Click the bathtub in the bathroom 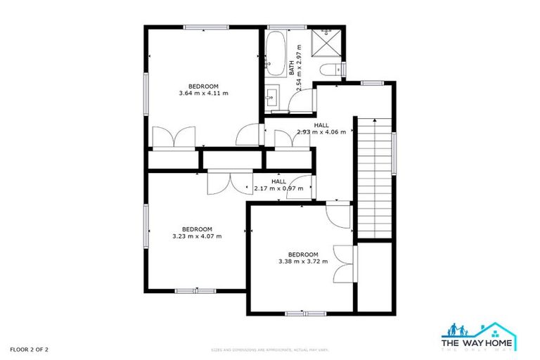pyautogui.click(x=274, y=56)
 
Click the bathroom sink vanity pyautogui.click(x=273, y=96)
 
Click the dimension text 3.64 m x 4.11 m pyautogui.click(x=203, y=93)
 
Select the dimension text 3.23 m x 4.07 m pyautogui.click(x=197, y=236)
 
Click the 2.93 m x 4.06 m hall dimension pyautogui.click(x=321, y=132)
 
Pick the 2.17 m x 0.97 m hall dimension pyautogui.click(x=278, y=188)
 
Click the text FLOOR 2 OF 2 pyautogui.click(x=29, y=349)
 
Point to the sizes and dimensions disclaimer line pyautogui.click(x=271, y=349)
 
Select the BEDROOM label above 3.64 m pyautogui.click(x=203, y=86)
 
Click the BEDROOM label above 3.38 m pyautogui.click(x=303, y=255)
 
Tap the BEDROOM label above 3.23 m pyautogui.click(x=197, y=229)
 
